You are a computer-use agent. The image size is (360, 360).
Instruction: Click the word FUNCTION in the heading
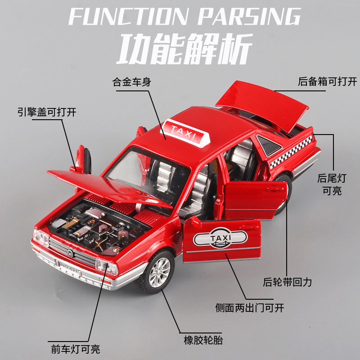(128, 16)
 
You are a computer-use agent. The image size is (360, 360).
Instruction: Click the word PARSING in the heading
(249, 16)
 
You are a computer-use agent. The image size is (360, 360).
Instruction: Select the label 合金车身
(132, 82)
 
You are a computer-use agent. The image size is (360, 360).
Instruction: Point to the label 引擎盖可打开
(47, 112)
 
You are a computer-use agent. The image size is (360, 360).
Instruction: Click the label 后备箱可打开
(328, 81)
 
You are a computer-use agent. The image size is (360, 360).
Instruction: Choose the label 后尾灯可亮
(332, 184)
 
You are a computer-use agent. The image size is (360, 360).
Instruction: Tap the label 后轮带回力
(287, 282)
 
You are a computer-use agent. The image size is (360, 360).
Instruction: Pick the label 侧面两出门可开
(250, 308)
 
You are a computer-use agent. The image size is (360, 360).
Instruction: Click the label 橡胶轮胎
(203, 340)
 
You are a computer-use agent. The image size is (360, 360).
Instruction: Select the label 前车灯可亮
(76, 349)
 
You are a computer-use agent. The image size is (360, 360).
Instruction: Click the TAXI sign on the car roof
(185, 132)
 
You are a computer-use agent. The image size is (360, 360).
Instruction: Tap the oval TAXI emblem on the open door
(220, 238)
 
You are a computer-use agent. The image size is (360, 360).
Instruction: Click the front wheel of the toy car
(158, 272)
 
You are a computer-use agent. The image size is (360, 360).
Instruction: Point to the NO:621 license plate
(69, 267)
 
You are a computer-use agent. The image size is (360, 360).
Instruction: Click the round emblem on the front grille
(70, 253)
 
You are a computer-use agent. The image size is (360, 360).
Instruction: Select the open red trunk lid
(262, 104)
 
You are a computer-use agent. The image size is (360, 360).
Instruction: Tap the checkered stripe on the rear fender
(291, 152)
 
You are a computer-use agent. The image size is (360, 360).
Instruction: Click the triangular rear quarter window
(269, 144)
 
